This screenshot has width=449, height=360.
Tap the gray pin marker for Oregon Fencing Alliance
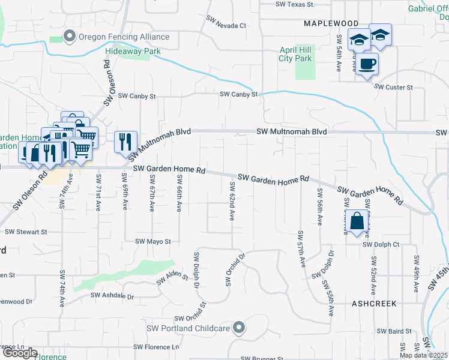tap(70, 37)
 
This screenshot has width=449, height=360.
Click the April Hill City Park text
tap(295, 55)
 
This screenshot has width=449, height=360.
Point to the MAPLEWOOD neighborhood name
tap(327, 23)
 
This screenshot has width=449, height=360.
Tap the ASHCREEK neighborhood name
tap(373, 304)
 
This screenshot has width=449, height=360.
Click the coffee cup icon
tap(367, 64)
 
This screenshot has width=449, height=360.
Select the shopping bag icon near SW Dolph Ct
tap(357, 221)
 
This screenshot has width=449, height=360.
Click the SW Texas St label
tap(295, 4)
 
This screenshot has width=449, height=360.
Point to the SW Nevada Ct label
tap(226, 26)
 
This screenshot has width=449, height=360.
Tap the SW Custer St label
tap(394, 87)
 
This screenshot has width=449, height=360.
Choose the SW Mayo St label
tap(152, 242)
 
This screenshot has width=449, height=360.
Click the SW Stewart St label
tap(26, 232)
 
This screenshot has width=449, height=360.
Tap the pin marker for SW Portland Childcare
tap(240, 328)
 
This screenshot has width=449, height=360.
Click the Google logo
tap(19, 353)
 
